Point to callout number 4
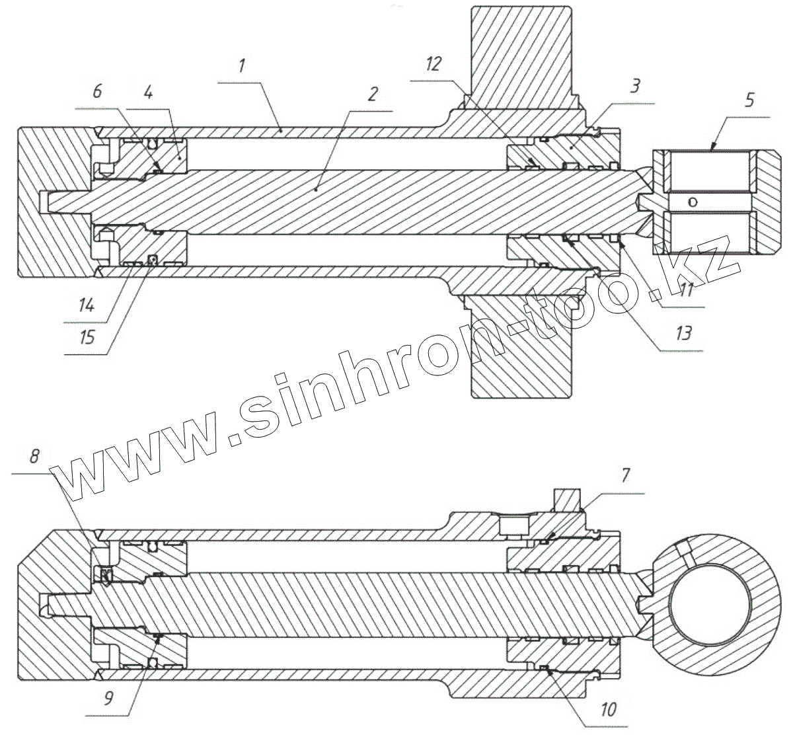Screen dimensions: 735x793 click(148, 93)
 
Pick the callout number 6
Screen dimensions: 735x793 click(97, 91)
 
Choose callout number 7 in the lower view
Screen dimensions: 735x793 click(625, 475)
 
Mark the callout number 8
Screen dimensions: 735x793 click(34, 455)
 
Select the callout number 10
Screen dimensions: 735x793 click(609, 709)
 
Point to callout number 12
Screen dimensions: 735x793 click(433, 64)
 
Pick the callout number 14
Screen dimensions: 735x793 click(87, 306)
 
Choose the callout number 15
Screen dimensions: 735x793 click(87, 337)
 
